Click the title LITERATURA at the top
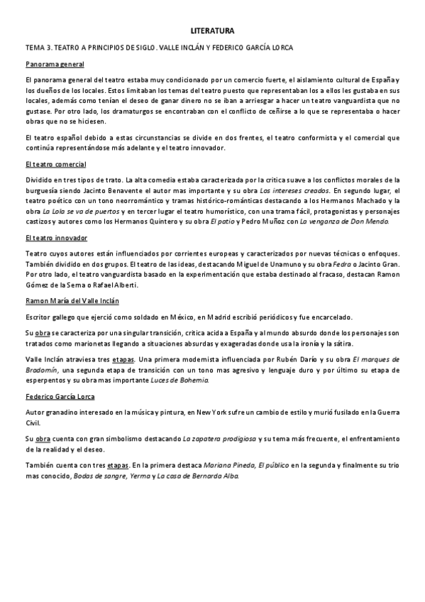(x=212, y=31)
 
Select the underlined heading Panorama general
(x=55, y=64)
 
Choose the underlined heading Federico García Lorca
(x=60, y=397)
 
